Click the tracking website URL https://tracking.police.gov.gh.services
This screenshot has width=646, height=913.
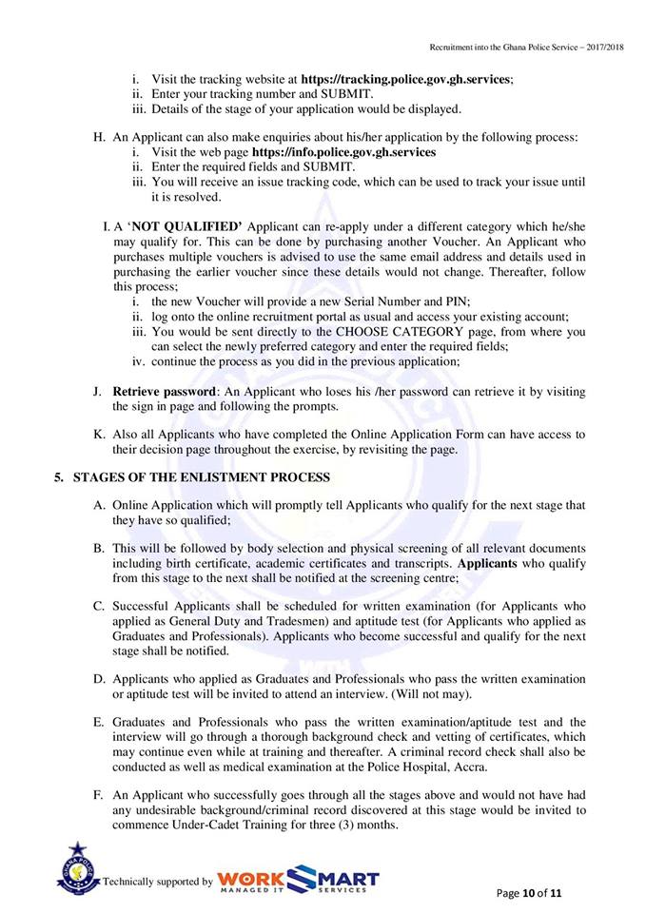click(406, 79)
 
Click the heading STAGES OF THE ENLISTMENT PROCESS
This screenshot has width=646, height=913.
click(202, 476)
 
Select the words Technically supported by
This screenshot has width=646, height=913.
click(158, 882)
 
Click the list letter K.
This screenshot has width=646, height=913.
click(98, 435)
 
